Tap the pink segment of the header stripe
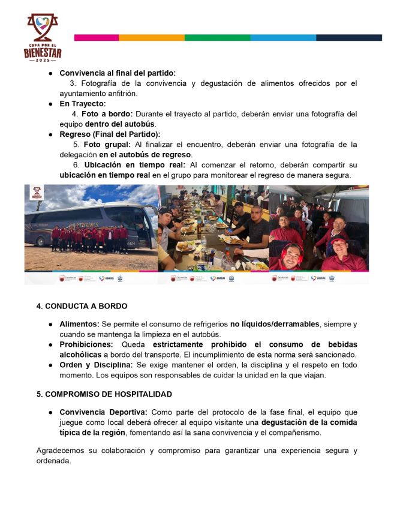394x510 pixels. click(x=96, y=37)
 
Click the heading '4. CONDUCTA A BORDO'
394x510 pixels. click(x=82, y=306)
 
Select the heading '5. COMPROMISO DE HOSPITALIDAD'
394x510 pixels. click(x=104, y=394)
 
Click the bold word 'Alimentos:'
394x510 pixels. click(x=79, y=324)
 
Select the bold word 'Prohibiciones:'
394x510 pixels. click(x=86, y=344)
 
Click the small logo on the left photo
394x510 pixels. click(x=37, y=194)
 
